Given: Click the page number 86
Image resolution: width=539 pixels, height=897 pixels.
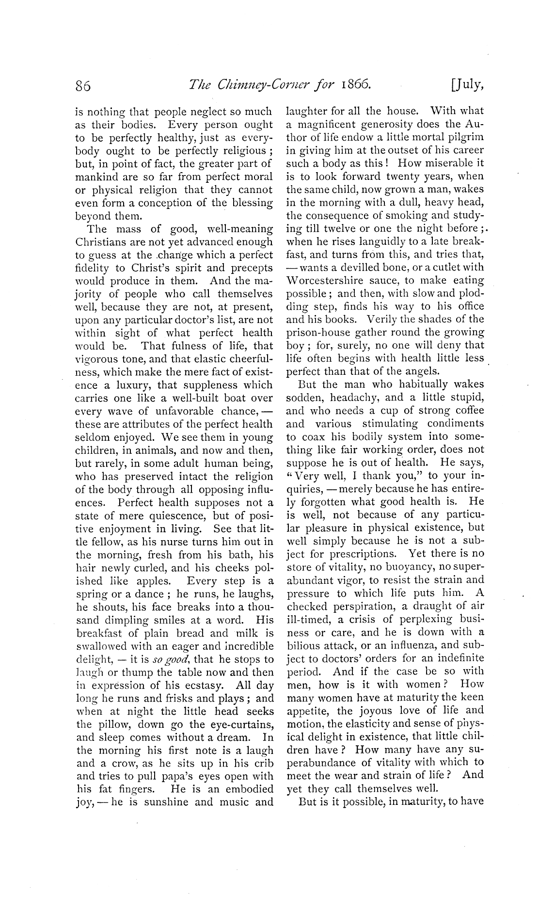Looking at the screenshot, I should [84, 86].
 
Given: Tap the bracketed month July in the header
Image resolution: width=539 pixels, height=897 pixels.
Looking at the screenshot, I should [467, 85].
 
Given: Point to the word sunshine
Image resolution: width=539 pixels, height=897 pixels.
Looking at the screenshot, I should [164, 802].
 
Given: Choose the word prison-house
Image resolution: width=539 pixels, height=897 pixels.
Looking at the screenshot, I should [316, 333].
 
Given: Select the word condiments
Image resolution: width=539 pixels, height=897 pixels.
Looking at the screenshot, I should [455, 423].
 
